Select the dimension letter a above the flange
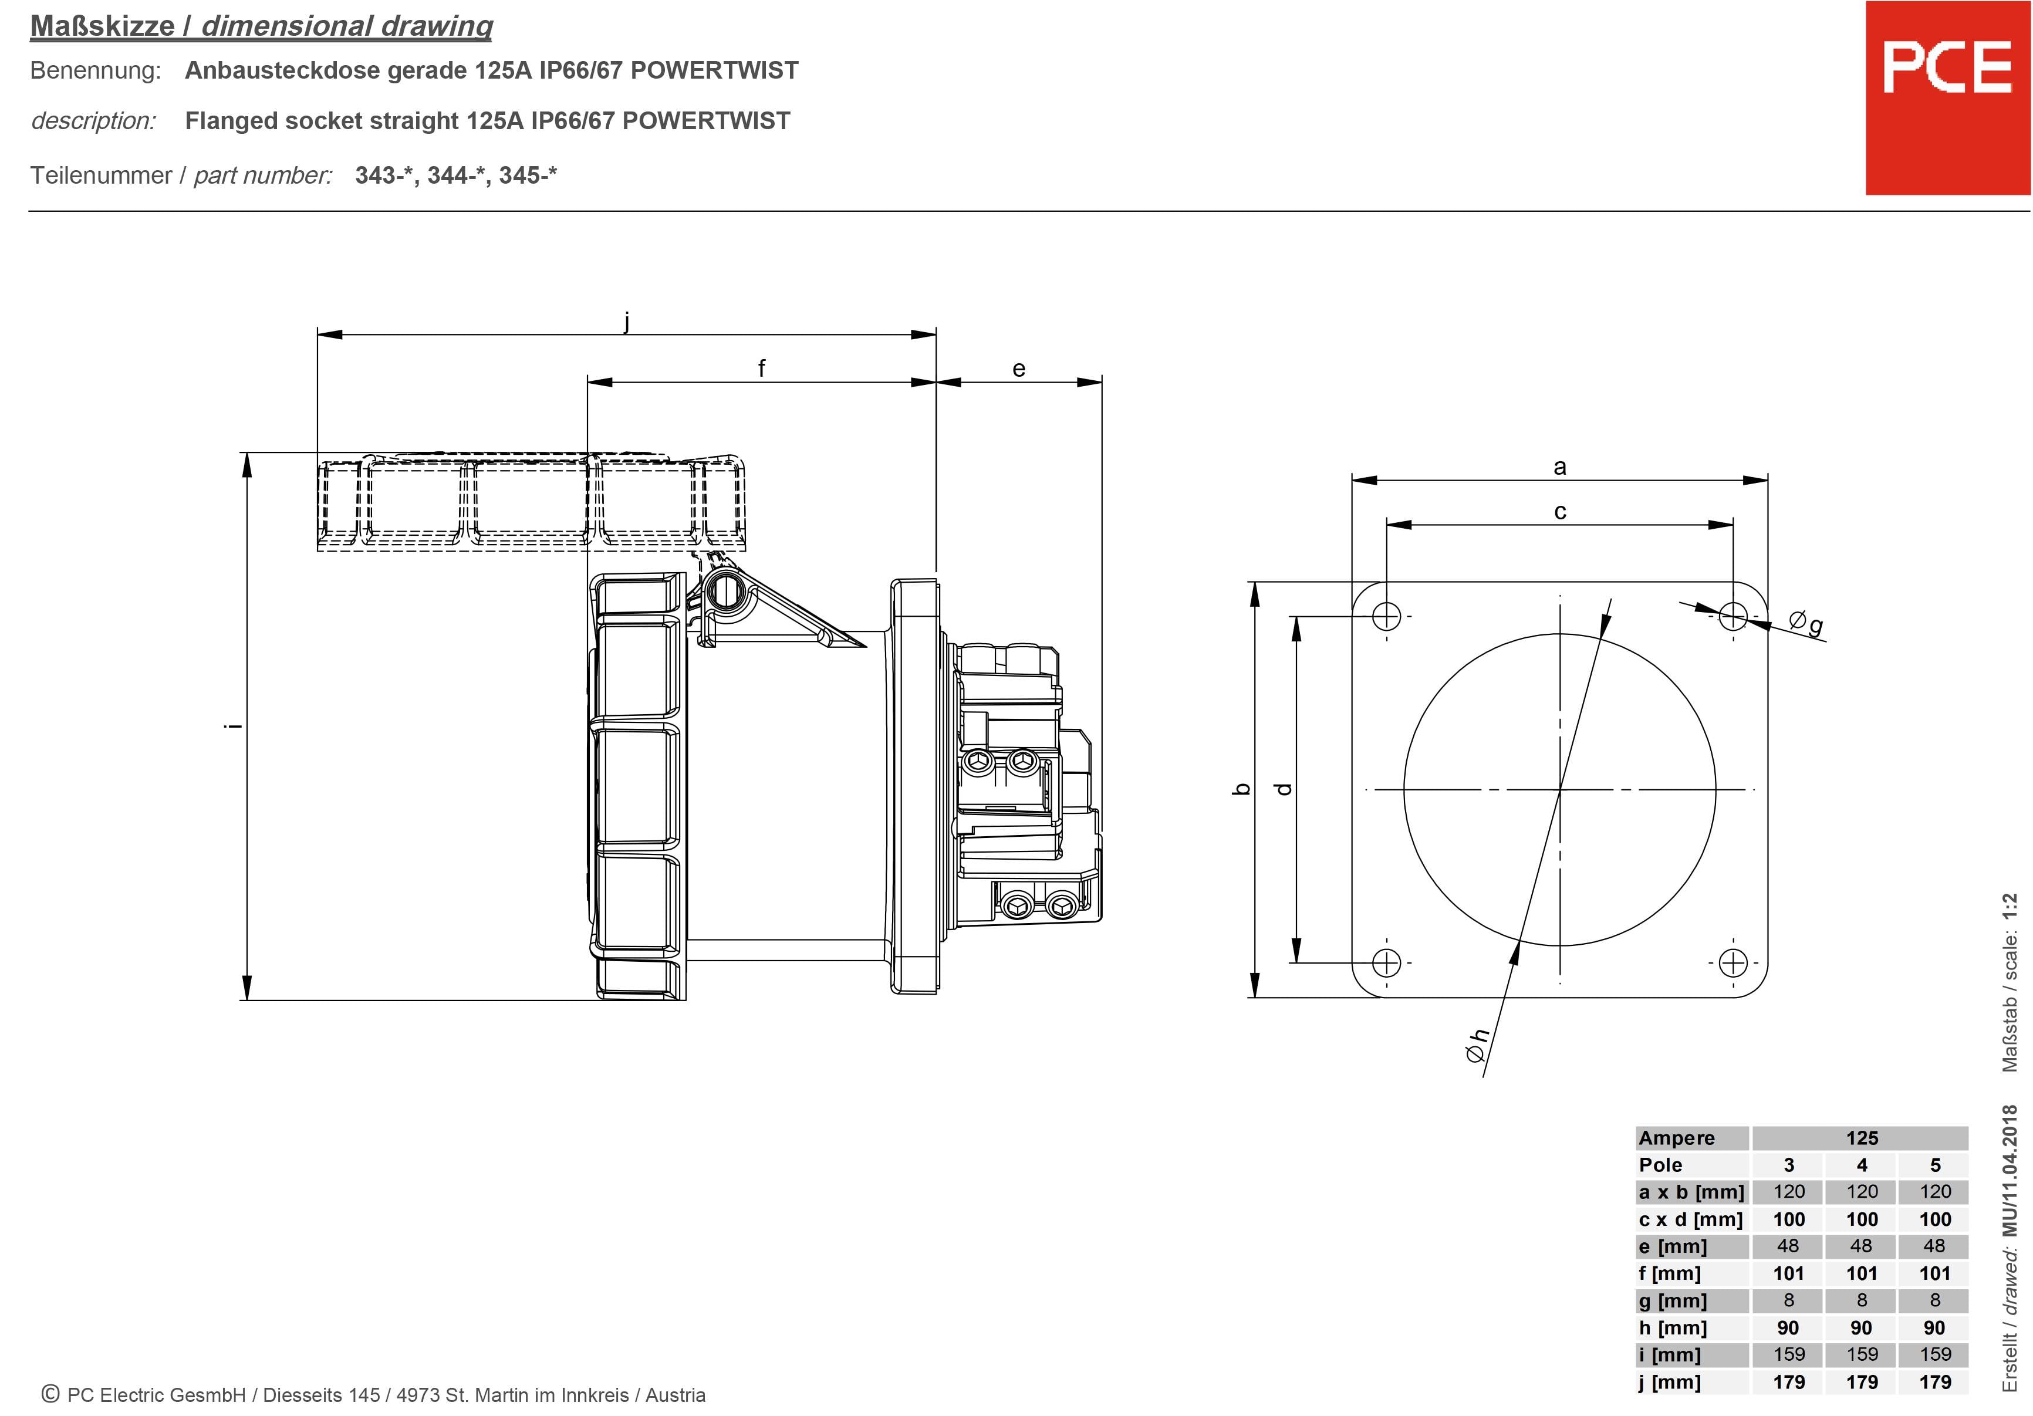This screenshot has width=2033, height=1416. pos(1559,467)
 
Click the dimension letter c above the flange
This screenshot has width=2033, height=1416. pos(1559,512)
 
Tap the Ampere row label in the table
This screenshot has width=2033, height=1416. pos(1676,1138)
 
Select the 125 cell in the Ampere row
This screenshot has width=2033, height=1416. pos(1861,1138)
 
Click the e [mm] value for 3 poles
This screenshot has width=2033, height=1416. pos(1788,1246)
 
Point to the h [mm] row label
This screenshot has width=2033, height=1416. pos(1671,1327)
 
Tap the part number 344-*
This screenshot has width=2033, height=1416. pos(456,175)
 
